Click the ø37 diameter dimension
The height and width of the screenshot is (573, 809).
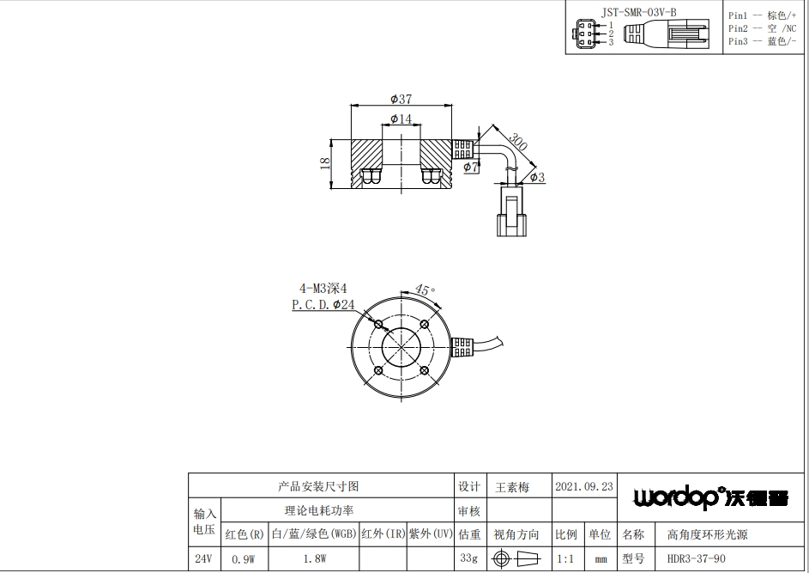(x=401, y=99)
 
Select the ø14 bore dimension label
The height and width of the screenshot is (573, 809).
(x=401, y=119)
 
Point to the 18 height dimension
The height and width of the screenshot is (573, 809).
(x=324, y=163)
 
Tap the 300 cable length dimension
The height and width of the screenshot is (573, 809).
(x=517, y=141)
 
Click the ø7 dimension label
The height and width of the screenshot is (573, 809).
(x=470, y=167)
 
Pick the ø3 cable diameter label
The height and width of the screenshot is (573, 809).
(x=537, y=177)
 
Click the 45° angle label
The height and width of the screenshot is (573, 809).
(x=425, y=290)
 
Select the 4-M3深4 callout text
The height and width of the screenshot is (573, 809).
(x=323, y=289)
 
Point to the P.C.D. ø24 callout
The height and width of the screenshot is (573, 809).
(x=323, y=305)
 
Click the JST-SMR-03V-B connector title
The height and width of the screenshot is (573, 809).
(x=639, y=12)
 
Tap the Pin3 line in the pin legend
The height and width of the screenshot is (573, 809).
(x=762, y=41)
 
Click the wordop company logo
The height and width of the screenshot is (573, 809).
(x=711, y=497)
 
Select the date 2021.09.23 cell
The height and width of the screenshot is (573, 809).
(x=584, y=487)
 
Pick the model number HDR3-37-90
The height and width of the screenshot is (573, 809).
(x=696, y=558)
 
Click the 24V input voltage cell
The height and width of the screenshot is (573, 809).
(x=203, y=558)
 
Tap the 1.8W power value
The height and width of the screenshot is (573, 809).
(x=315, y=559)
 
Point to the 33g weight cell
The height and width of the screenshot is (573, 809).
(x=469, y=558)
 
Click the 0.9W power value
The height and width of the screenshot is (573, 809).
(x=244, y=559)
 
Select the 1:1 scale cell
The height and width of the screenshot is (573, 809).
(x=565, y=559)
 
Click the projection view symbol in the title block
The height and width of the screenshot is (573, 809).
(x=516, y=558)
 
